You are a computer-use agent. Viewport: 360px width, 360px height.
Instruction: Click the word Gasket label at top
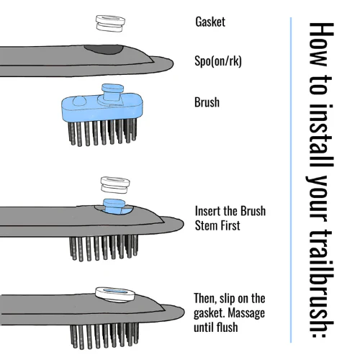tap(210, 22)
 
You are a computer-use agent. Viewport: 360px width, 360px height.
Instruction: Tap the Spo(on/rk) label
tap(218, 61)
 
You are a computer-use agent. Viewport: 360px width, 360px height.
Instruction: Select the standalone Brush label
tap(207, 102)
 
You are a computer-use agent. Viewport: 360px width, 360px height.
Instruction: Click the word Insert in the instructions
tap(207, 211)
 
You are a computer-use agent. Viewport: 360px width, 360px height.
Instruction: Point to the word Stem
tap(206, 225)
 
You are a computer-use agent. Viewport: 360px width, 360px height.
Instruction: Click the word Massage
tap(246, 312)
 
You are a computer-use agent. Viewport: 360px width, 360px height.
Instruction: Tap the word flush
tap(227, 327)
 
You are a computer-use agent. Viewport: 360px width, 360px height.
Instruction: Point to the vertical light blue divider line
tap(291, 180)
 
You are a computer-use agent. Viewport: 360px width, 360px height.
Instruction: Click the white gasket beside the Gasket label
tap(110, 23)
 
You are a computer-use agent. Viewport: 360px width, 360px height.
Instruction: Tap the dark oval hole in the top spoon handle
tap(104, 49)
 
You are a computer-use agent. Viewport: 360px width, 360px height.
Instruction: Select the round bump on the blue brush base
tap(79, 101)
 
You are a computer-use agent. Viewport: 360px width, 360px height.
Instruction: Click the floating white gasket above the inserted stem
tap(115, 184)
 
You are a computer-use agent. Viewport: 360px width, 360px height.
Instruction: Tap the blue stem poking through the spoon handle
tap(114, 206)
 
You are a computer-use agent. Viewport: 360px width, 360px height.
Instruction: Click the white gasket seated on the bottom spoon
tap(114, 294)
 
